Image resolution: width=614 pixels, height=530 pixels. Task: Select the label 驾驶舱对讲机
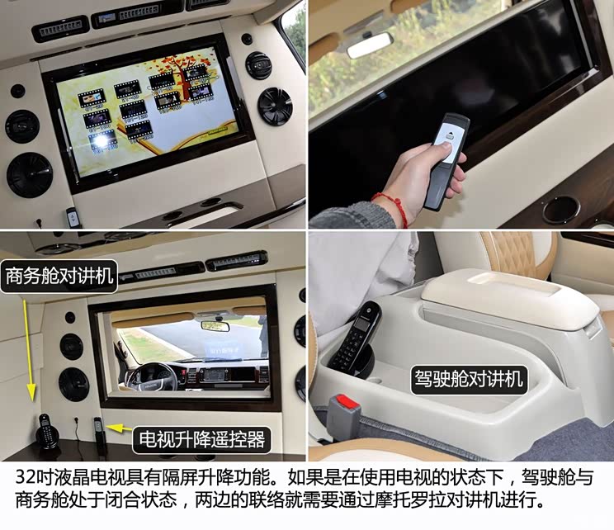click(x=468, y=379)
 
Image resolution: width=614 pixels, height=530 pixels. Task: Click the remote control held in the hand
click(x=446, y=157)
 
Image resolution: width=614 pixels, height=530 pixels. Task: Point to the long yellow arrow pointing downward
click(x=29, y=347)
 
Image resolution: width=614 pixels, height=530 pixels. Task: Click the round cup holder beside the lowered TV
click(x=560, y=209)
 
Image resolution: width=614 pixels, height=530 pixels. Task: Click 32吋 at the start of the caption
click(x=35, y=478)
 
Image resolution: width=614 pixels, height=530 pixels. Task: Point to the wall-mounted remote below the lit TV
click(x=73, y=217)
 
